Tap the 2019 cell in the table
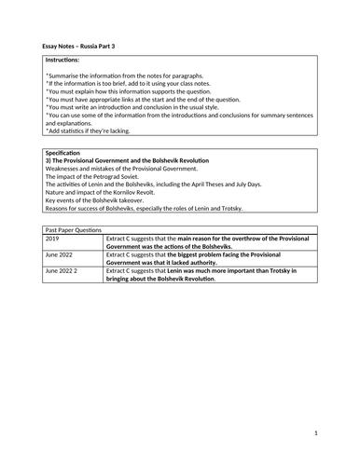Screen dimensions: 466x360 tap(54, 238)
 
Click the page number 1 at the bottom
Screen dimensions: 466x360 tap(316, 432)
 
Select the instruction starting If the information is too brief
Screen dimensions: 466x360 tap(140, 82)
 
